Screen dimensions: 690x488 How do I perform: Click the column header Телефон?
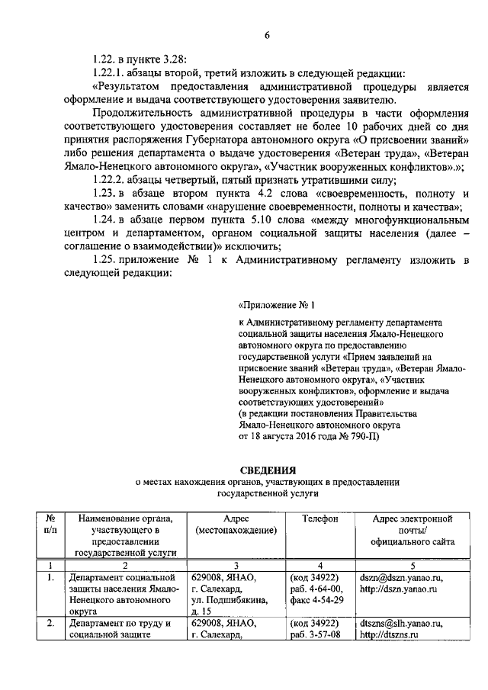pyautogui.click(x=319, y=518)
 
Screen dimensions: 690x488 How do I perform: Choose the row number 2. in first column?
pyautogui.click(x=50, y=623)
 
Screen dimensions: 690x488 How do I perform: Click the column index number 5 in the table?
pyautogui.click(x=413, y=565)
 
